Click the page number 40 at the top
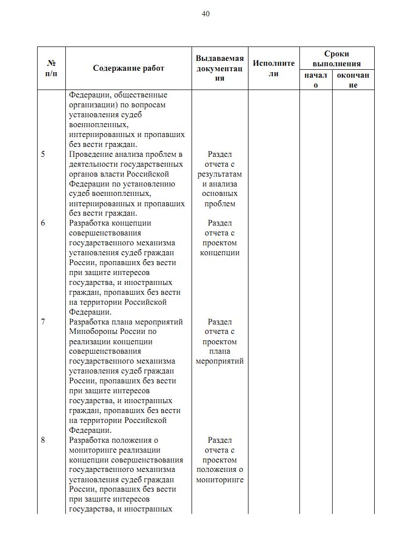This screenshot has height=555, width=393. coord(205,14)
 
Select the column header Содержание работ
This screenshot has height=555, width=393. coord(129,68)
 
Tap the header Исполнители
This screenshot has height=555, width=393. coord(274,68)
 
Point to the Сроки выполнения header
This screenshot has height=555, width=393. coord(337,58)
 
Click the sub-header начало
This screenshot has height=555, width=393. coord(316,80)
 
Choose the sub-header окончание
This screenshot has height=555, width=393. coord(353,80)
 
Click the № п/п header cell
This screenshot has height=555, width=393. coord(51,68)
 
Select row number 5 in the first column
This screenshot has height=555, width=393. coord(43,154)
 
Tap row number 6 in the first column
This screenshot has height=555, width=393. coord(43,223)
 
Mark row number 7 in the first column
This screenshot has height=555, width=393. coord(43,322)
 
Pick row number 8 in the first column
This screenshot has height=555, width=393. coord(43,440)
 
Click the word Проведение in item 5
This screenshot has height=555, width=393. coord(88,154)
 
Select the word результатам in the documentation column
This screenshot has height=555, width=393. coord(220,174)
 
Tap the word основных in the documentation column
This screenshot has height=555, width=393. coord(220,194)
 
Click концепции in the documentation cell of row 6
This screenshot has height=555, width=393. coord(220,253)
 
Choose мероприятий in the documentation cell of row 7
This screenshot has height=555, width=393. coord(220,361)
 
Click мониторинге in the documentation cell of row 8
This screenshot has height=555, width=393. coord(220,479)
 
